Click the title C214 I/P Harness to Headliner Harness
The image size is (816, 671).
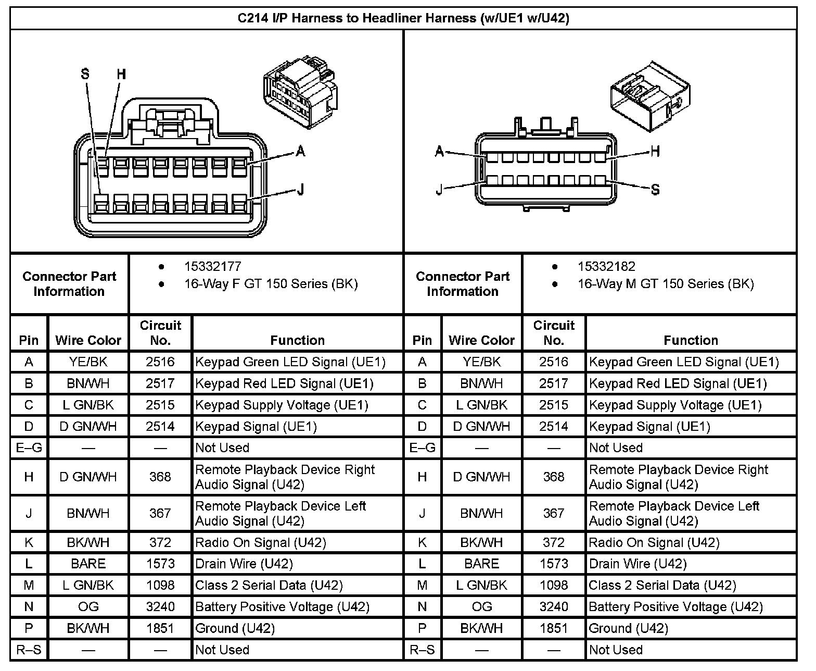[x=403, y=18]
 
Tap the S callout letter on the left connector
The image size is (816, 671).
[x=85, y=74]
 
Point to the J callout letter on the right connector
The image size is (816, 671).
[x=440, y=190]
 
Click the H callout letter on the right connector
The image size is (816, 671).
[x=655, y=152]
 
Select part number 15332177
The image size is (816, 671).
[x=212, y=267]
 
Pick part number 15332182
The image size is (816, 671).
[x=606, y=267]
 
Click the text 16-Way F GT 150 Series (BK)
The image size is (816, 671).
[x=271, y=284]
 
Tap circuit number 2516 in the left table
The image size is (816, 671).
[x=160, y=362]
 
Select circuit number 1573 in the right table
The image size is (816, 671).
[x=554, y=564]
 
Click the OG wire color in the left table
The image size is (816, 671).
[x=88, y=607]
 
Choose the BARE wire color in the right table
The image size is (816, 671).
[x=481, y=564]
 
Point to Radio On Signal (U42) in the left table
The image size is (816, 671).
[x=260, y=543]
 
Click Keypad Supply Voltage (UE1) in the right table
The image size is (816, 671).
[x=675, y=405]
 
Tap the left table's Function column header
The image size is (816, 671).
[x=297, y=340]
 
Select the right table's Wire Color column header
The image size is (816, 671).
[x=481, y=340]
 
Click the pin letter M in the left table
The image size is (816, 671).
[x=29, y=586]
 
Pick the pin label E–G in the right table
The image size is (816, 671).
[x=422, y=448]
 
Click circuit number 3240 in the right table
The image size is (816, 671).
[x=554, y=607]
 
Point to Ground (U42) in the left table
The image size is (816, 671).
[x=235, y=628]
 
